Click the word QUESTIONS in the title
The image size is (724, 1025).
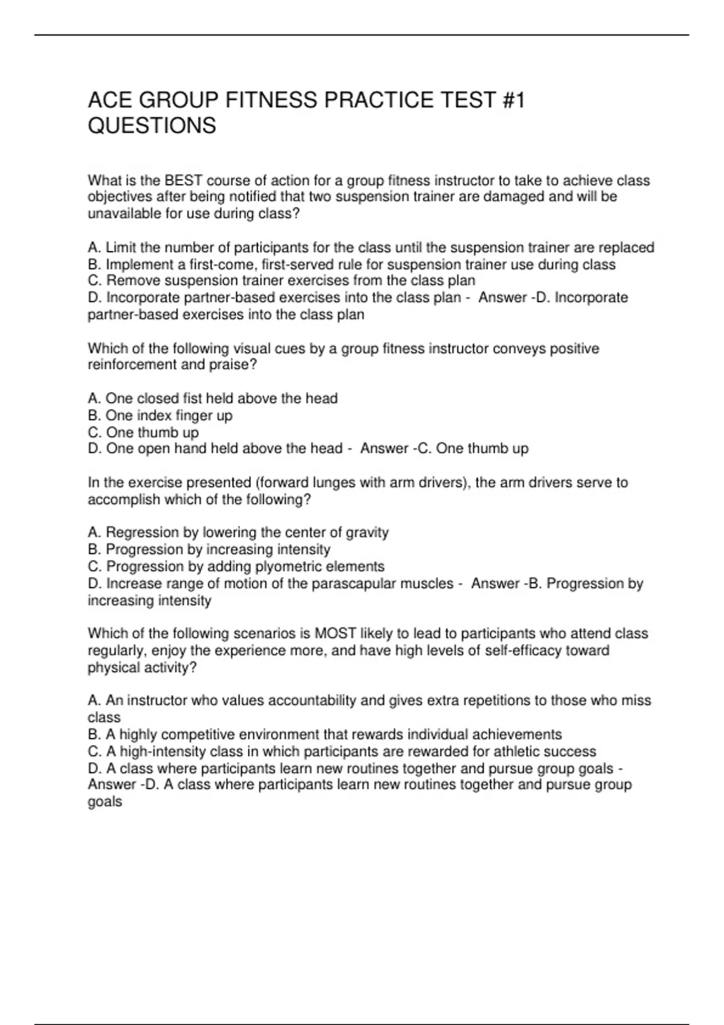click(151, 125)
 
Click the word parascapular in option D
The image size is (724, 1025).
click(352, 583)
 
